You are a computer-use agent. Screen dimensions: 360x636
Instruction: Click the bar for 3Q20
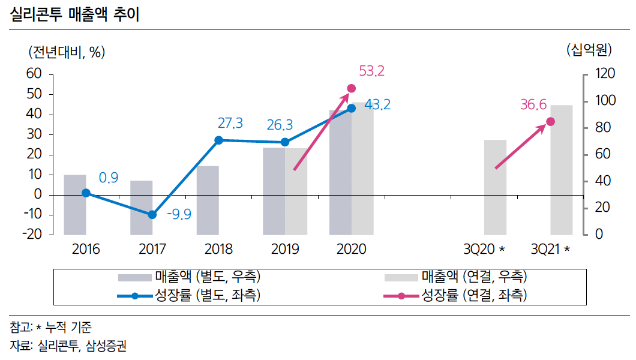coord(496,187)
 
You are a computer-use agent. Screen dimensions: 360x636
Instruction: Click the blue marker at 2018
coord(218,140)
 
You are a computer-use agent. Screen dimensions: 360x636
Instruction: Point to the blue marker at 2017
coord(152,215)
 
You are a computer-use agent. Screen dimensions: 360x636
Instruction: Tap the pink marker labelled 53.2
coord(352,89)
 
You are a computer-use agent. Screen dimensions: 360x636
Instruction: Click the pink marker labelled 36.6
coord(550,122)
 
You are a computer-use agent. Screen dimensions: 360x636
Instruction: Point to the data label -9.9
coord(179,214)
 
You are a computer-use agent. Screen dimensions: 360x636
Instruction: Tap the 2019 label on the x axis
coord(285,249)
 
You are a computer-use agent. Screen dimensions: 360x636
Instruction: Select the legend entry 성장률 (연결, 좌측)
coord(474,295)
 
